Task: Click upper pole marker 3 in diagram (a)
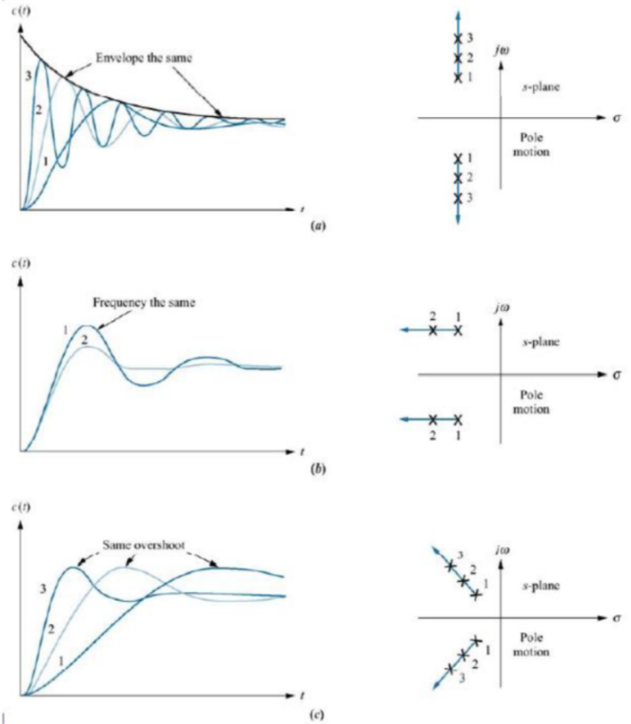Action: point(458,38)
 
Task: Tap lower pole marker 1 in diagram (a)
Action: point(458,158)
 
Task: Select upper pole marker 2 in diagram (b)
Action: point(433,331)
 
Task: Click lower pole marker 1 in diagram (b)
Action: point(458,420)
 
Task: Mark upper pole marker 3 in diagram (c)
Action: point(449,566)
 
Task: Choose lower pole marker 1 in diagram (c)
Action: point(475,640)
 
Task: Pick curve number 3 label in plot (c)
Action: point(43,589)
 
